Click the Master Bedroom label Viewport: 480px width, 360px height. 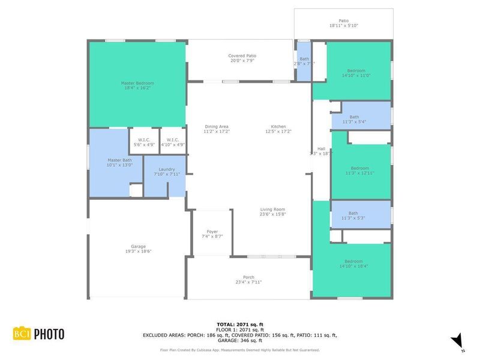tap(137, 86)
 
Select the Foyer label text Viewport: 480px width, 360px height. tap(212, 234)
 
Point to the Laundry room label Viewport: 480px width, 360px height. tap(166, 172)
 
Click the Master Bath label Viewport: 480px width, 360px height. tap(119, 163)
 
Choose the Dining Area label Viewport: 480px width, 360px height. tap(217, 129)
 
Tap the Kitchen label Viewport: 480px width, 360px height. tap(278, 129)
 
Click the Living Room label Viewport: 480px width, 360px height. tap(272, 212)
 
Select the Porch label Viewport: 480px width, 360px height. tap(248, 280)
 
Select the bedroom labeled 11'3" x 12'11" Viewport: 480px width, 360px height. tap(360, 170)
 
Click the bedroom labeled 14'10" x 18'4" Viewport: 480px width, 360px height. tap(353, 264)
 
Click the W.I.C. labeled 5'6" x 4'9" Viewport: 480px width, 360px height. tap(139, 142)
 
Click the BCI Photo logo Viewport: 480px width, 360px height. tap(38, 334)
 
